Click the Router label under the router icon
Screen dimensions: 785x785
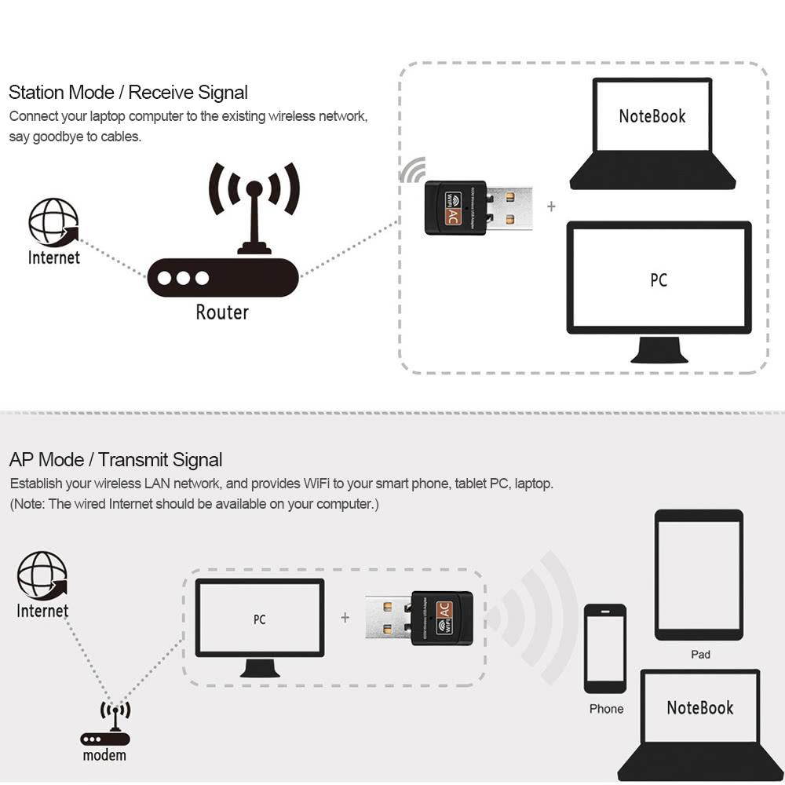pyautogui.click(x=222, y=312)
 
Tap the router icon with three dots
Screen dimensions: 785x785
pyautogui.click(x=223, y=277)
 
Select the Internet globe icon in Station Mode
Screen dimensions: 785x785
pyautogui.click(x=53, y=223)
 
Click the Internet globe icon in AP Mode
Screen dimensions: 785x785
pyautogui.click(x=42, y=575)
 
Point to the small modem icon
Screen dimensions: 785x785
pyautogui.click(x=105, y=726)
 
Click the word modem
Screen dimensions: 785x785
pyautogui.click(x=104, y=755)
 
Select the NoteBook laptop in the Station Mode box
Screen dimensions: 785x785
pyautogui.click(x=652, y=133)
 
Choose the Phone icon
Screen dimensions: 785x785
pyautogui.click(x=605, y=648)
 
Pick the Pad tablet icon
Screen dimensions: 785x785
pyautogui.click(x=699, y=575)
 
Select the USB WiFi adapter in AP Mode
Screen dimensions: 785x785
pyautogui.click(x=418, y=618)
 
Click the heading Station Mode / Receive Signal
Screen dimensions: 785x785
pyautogui.click(x=128, y=93)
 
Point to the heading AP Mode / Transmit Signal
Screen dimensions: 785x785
pyautogui.click(x=115, y=460)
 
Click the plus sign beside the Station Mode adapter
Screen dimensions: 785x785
pyautogui.click(x=551, y=206)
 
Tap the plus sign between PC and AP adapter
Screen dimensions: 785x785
pyautogui.click(x=345, y=618)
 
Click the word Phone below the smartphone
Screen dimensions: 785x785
pyautogui.click(x=606, y=709)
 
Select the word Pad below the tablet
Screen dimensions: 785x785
pyautogui.click(x=700, y=654)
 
